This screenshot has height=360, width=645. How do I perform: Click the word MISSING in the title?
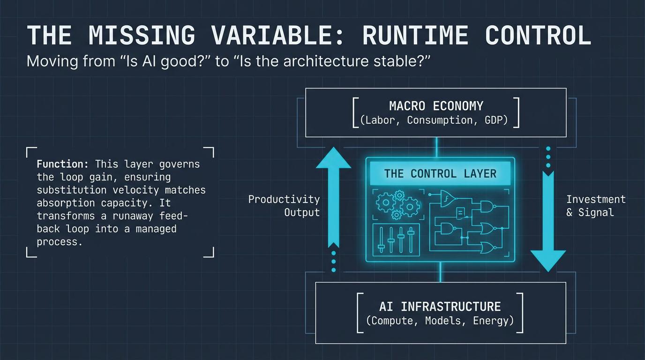point(142,36)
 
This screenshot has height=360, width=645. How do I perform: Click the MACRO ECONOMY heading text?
point(436,105)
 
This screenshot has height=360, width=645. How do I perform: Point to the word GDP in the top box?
point(496,120)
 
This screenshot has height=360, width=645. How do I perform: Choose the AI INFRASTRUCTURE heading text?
point(440,307)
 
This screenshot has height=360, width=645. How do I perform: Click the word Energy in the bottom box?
point(491,321)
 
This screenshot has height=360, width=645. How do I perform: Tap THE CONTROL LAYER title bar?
point(440,173)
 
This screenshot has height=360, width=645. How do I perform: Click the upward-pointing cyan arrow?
point(333,197)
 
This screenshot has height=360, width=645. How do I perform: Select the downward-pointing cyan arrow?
point(547,220)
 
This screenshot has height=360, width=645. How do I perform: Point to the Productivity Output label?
point(284,206)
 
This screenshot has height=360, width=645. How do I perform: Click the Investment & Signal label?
point(595,206)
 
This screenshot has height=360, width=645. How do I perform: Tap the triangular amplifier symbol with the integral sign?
point(447,199)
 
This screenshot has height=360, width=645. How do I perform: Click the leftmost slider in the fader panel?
point(381,240)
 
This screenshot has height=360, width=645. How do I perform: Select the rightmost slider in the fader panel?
point(411,240)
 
